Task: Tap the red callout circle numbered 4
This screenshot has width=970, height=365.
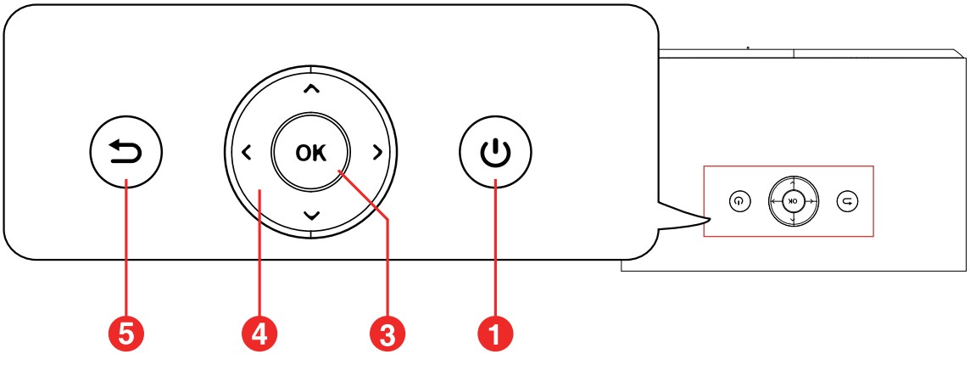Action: (259, 335)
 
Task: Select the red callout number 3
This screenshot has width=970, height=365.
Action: (387, 335)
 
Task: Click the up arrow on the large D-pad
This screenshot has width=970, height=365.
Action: (311, 90)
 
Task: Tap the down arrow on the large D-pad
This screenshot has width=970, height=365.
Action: (311, 215)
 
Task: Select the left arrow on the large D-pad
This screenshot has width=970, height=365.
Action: (246, 153)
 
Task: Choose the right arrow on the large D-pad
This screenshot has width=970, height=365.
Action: (376, 153)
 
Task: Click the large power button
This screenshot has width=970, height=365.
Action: (495, 152)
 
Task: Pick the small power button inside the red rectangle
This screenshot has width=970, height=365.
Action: (739, 201)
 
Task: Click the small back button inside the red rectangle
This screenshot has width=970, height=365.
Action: (847, 201)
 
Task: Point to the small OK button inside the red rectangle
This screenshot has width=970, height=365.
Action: (793, 201)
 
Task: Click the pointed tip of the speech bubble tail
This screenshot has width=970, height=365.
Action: (711, 217)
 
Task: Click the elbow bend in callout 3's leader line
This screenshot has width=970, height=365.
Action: (387, 218)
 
